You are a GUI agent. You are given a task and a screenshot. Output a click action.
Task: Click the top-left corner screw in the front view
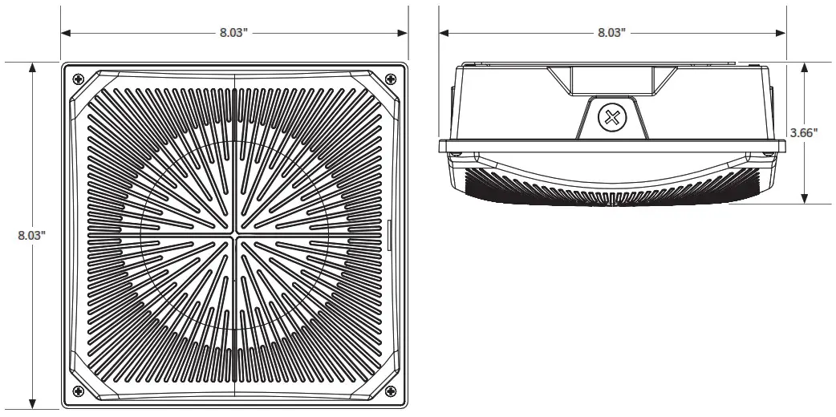coord(78,79)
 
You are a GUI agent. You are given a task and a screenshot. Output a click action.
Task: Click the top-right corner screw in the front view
coord(391,79)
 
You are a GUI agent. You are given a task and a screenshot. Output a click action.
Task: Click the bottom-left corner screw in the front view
coord(78,391)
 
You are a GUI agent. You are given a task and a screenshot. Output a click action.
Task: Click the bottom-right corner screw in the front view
coord(391,391)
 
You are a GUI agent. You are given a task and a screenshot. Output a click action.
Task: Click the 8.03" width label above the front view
coord(234,33)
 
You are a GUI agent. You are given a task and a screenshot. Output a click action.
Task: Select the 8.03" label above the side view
coord(611,33)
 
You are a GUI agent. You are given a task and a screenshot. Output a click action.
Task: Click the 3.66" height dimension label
coord(803,133)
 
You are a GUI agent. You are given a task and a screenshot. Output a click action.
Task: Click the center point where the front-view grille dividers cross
coord(234,236)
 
